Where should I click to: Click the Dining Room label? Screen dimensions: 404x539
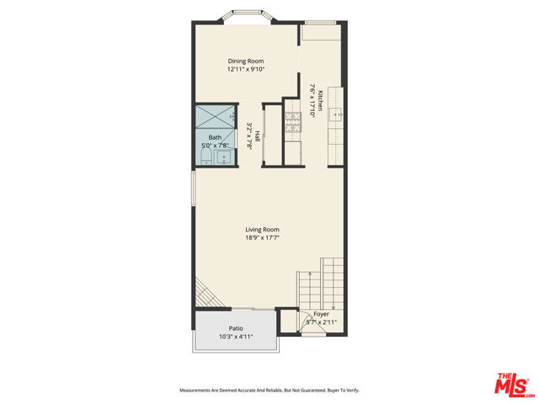[x=245, y=61]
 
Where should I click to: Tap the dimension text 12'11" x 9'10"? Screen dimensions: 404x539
[x=245, y=70]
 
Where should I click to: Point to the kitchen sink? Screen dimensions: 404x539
[x=337, y=114]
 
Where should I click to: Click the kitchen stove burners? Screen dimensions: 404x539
[x=291, y=121]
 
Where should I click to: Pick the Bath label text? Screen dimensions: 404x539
[x=216, y=137]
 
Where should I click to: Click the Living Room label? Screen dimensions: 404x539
[x=262, y=230]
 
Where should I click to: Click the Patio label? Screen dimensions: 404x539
[x=236, y=328]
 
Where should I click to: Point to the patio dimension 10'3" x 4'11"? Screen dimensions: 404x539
[x=236, y=338]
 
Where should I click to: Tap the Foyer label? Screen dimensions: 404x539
[x=321, y=314]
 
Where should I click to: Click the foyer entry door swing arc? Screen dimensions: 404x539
[x=289, y=323]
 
